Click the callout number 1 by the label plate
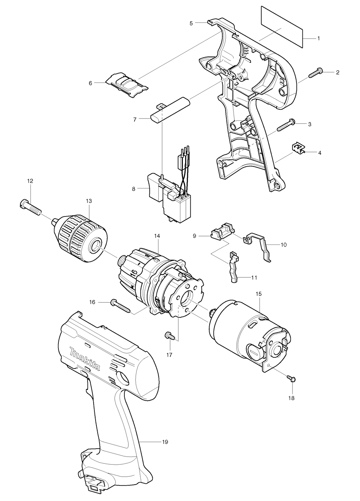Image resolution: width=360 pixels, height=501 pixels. [318, 38]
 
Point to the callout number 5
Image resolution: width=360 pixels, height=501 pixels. [192, 24]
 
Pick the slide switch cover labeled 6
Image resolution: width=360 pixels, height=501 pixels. [126, 84]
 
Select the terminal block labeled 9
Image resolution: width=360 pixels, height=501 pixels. [221, 233]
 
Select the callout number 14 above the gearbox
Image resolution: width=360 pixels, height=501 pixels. [157, 236]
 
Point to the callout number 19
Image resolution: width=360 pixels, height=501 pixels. [165, 442]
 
